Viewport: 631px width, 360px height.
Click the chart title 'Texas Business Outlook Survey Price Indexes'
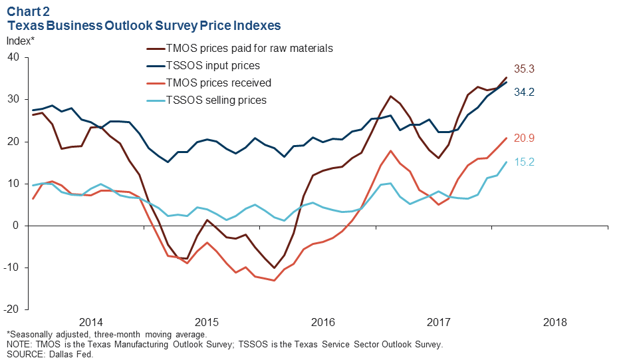pos(144,25)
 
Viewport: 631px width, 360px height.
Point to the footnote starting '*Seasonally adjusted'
pos(106,335)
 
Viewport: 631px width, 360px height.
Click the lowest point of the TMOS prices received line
pos(274,280)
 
